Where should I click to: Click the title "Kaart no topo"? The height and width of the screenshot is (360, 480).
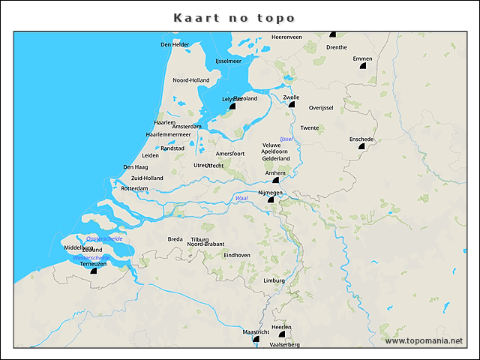point(234,17)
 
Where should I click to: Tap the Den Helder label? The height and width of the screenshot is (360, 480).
point(175,45)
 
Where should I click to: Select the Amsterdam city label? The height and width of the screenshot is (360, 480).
point(187,127)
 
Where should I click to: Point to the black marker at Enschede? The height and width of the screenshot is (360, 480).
point(361,147)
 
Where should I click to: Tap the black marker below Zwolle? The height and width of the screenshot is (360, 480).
point(292,104)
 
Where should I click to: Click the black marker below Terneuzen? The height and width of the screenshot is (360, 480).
point(93,271)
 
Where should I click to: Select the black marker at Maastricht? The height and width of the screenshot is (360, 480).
point(256,339)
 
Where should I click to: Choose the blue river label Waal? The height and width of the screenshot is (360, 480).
point(241,198)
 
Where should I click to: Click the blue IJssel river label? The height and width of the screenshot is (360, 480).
point(286,139)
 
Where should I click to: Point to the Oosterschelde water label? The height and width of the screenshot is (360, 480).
point(104,238)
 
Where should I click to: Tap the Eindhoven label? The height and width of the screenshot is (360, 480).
point(237,255)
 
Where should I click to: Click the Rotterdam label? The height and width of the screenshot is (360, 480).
point(134,188)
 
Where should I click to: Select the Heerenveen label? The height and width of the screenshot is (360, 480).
point(286,37)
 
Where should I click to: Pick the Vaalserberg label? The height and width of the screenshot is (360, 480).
point(284,344)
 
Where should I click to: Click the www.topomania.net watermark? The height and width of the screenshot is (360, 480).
point(424,340)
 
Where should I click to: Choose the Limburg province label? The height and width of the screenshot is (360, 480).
point(274,280)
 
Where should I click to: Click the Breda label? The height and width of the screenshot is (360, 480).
point(175,239)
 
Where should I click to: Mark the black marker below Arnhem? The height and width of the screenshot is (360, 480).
point(275,180)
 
